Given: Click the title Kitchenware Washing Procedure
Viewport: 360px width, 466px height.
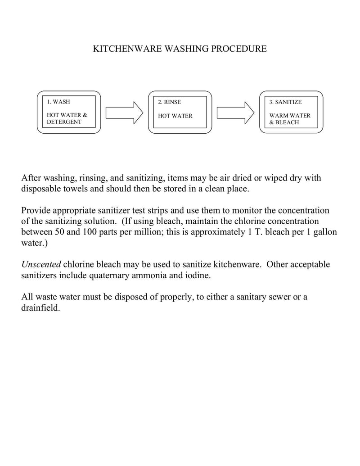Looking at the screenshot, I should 180,49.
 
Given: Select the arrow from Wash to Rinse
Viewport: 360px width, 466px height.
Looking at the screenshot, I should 124,112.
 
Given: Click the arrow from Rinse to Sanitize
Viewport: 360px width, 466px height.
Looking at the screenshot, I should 235,112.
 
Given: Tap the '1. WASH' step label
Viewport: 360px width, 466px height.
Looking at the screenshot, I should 58,102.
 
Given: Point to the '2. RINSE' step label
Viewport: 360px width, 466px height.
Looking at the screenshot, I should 169,102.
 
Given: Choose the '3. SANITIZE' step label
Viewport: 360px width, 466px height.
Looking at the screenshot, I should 285,102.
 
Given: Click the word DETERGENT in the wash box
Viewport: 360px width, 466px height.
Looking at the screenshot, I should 64,122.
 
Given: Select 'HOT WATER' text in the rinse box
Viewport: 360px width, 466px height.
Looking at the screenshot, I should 175,116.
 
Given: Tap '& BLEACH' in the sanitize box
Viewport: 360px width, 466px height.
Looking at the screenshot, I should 284,122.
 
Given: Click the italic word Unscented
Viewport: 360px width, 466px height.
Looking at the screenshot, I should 41,264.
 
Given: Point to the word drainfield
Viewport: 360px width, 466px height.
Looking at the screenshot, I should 40,308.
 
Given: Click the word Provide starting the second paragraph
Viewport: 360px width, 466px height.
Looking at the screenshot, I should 36,210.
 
